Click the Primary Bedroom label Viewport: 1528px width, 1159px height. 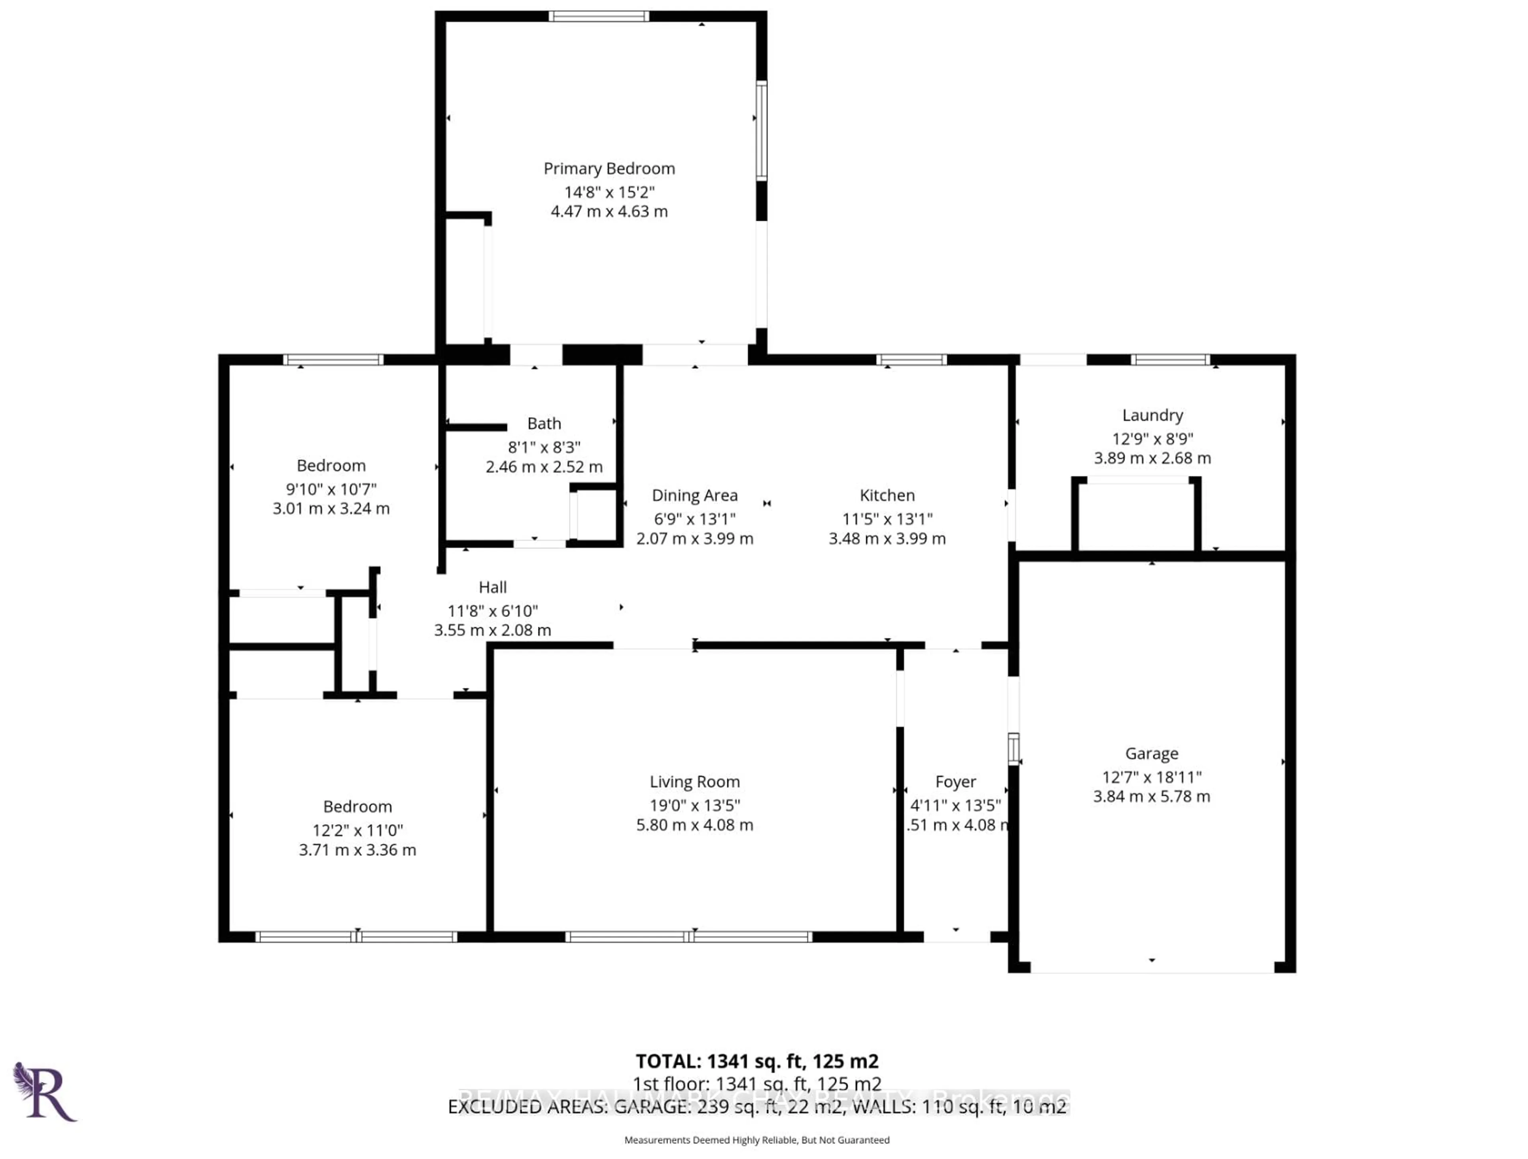608,169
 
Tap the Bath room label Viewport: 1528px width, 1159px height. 544,423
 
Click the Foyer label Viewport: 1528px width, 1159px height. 955,782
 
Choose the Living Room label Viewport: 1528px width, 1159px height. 694,782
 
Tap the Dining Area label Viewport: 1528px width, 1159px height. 694,495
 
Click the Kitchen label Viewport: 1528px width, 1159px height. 887,495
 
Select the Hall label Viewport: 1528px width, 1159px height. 493,587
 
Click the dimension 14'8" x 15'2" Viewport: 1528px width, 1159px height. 608,192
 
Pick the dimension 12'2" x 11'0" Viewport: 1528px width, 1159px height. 357,830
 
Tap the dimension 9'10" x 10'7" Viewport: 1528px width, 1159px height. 331,489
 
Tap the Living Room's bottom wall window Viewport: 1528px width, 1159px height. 688,937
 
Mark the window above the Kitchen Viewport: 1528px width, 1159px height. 911,359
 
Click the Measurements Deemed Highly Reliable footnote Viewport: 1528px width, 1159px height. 756,1140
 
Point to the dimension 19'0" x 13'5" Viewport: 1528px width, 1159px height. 694,805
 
